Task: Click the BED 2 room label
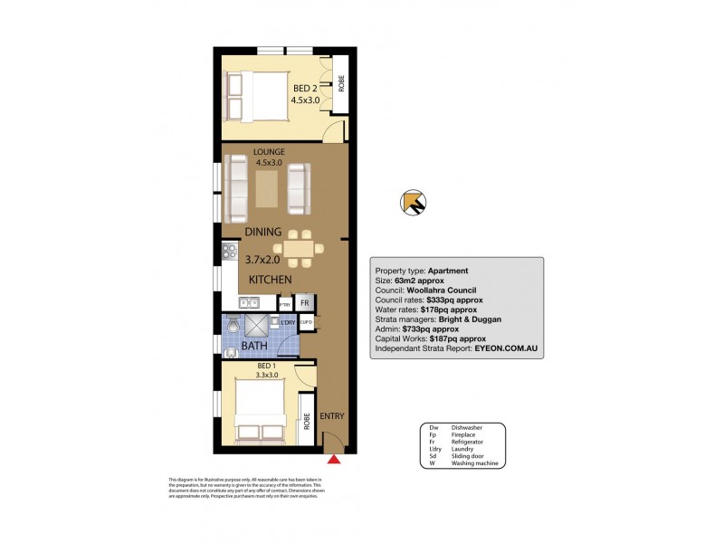tap(302, 88)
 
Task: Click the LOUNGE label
tap(270, 151)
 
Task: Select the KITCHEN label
tap(270, 280)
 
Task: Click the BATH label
tap(254, 345)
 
